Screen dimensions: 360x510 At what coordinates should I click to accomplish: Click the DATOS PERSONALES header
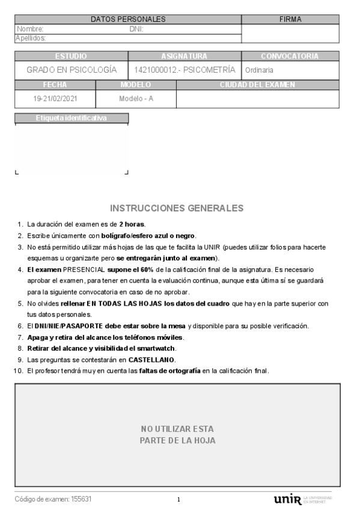coord(127,19)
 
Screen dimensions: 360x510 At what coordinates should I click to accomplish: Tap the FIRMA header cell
coord(290,19)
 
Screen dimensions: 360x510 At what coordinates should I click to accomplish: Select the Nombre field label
coord(30,28)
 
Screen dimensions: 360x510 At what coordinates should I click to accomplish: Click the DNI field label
coord(136,28)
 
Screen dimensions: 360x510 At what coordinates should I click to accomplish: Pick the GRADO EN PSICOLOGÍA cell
coord(72,70)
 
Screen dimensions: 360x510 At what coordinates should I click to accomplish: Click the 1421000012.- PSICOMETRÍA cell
coord(185,70)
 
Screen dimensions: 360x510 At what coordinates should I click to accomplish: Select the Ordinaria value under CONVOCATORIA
coord(259,70)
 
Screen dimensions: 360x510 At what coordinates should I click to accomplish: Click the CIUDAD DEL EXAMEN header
coord(257,85)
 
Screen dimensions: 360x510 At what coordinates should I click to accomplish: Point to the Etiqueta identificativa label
coord(72,118)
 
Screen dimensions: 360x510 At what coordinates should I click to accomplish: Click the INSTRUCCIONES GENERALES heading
coord(177,208)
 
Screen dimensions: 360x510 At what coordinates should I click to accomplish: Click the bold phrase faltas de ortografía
coord(169,370)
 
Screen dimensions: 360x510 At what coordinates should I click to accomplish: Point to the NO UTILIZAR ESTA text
coord(177,429)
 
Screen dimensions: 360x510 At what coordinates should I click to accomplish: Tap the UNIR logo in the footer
coord(286,499)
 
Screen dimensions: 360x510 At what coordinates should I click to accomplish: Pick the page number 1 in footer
coord(178,500)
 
